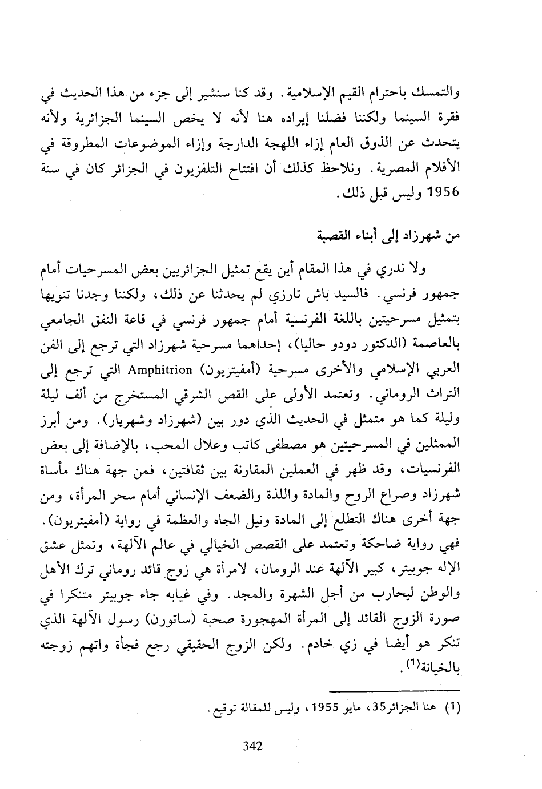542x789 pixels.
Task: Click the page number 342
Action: (252, 746)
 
